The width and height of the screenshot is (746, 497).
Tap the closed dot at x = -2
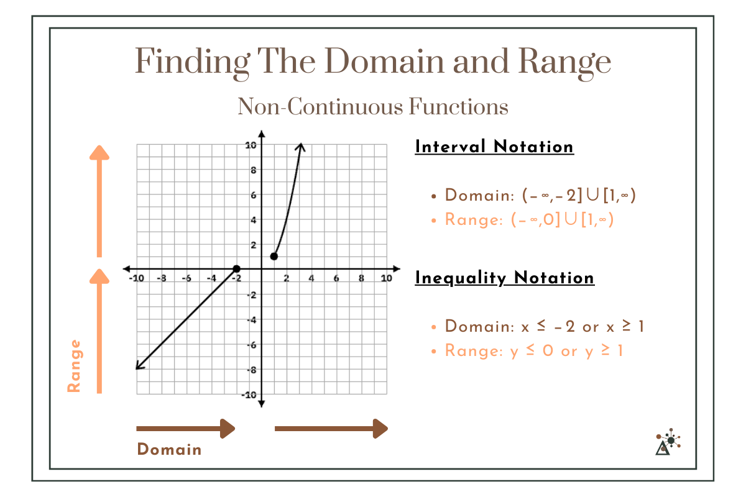(x=236, y=268)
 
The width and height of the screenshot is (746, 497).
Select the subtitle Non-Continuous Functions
(x=372, y=107)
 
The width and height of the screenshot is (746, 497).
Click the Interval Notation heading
(x=494, y=147)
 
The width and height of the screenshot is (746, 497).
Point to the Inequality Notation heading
(x=504, y=278)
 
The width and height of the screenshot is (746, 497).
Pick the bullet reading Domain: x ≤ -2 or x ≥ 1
(x=545, y=327)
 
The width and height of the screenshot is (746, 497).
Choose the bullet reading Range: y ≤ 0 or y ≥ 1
(x=534, y=351)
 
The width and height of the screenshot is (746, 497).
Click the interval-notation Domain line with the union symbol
(x=541, y=196)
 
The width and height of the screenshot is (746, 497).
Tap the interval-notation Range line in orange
(x=529, y=220)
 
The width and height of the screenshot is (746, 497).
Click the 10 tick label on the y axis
(x=251, y=145)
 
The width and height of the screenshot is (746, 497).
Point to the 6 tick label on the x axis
(x=336, y=278)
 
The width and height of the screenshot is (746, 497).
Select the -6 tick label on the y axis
(x=251, y=345)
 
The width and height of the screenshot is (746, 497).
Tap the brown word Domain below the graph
(x=169, y=449)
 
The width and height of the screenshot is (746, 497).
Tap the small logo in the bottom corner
(x=668, y=442)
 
